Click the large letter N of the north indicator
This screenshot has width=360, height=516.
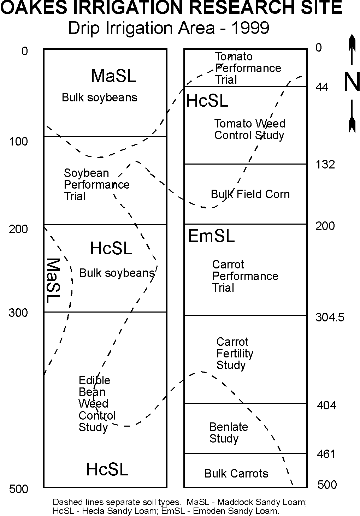coord(352,82)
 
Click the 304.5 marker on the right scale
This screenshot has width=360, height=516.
coord(330,318)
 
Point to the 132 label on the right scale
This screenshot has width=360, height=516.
coord(325,165)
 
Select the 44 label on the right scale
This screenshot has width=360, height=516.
coord(322,87)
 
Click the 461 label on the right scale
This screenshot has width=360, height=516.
coord(326,454)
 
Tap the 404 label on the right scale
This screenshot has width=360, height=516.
coord(326,405)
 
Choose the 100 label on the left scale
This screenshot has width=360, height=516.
coord(18,142)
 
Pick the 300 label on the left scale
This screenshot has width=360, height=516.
coord(18,313)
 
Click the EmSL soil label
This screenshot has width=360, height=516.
coord(211,236)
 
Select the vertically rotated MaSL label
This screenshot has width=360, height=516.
coord(53,280)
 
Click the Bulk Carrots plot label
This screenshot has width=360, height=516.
coord(236,473)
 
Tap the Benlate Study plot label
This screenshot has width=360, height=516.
coord(229,433)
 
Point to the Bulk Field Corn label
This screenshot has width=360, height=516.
coord(250,194)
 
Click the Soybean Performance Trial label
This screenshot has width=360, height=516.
coord(96,185)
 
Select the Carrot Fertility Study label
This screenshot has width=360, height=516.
coord(235,353)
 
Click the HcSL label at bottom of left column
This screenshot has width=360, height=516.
coord(107,469)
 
